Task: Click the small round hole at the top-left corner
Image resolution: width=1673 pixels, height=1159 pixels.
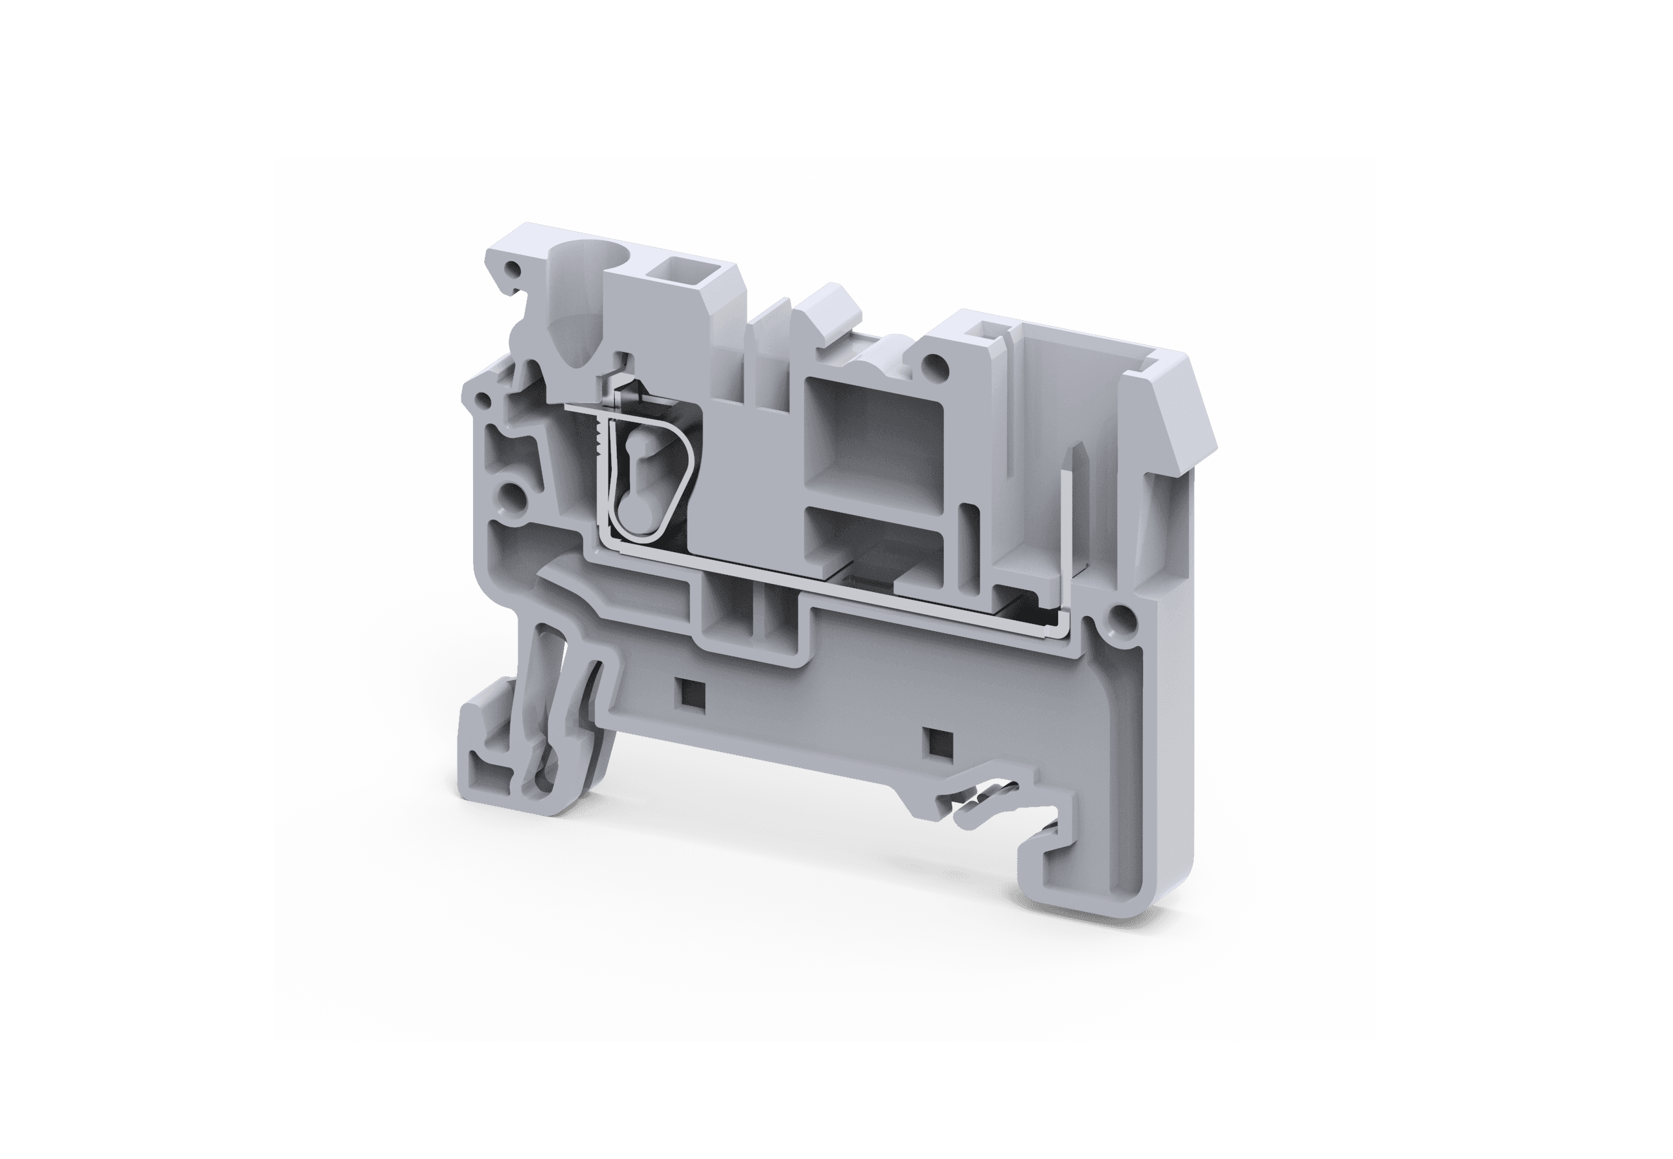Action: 515,270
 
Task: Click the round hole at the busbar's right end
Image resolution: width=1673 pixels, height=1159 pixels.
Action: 1119,618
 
